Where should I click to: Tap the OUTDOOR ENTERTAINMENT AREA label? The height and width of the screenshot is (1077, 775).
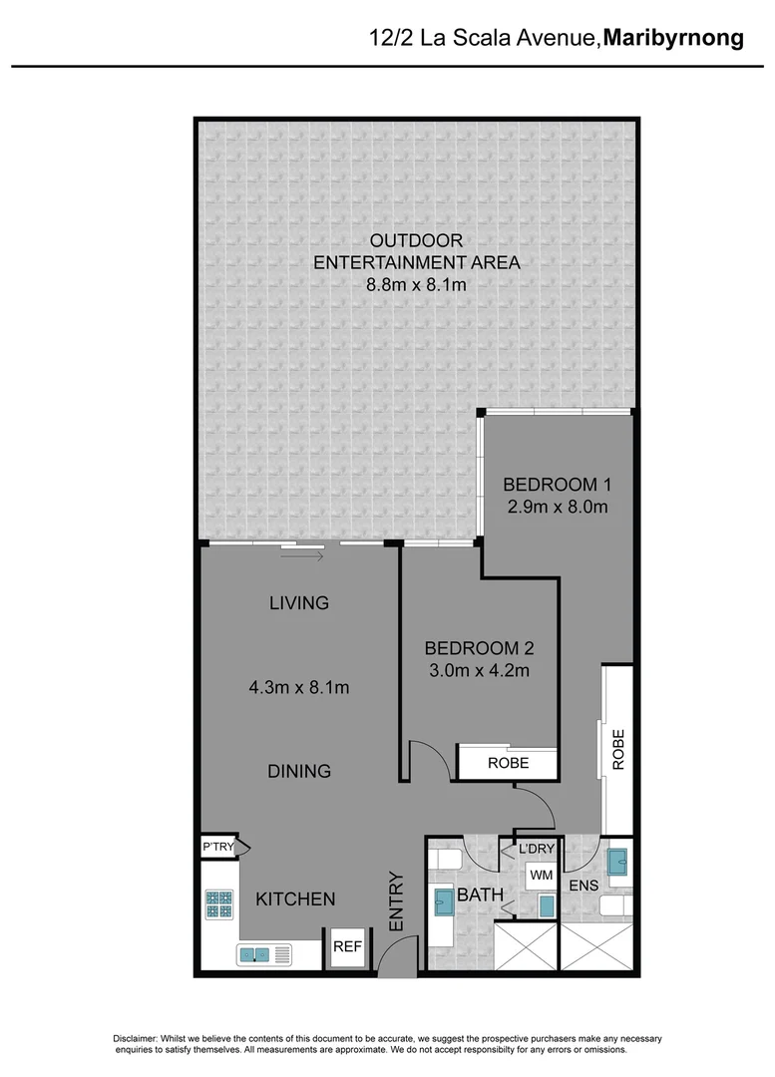pos(417,251)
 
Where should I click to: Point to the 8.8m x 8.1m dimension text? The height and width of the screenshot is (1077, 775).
pos(417,285)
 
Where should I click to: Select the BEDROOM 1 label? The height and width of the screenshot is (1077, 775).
pos(556,485)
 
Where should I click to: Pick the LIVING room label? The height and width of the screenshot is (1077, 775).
pos(299,603)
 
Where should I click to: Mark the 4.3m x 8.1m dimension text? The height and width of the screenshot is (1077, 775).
pos(298,687)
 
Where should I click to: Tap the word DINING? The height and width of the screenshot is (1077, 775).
pos(299,771)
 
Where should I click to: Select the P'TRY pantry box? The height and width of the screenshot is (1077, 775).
pos(218,847)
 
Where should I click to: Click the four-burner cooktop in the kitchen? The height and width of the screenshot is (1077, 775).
pos(219,904)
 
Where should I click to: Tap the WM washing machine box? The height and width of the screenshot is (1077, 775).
pos(541,875)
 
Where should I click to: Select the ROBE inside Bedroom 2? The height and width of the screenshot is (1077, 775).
pos(507,763)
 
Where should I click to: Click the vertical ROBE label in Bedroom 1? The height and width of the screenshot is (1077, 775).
pos(617,748)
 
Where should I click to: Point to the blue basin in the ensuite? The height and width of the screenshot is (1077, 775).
pos(616,859)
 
